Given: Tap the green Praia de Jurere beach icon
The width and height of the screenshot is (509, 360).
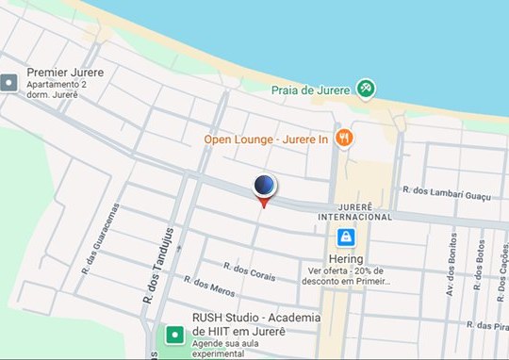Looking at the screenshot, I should tap(366, 89).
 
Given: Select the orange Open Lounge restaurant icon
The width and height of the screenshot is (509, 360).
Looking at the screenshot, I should tap(344, 138).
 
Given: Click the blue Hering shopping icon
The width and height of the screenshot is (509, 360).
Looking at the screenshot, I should tap(347, 237).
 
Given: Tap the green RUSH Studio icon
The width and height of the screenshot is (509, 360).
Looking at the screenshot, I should tap(174, 334).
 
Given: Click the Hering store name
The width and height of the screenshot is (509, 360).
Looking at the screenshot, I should tap(347, 257).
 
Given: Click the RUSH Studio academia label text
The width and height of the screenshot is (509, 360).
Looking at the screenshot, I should tap(239, 324).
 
